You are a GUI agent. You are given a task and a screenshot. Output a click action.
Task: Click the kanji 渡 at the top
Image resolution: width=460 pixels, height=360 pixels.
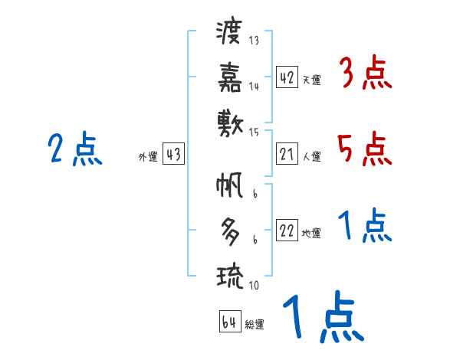[229, 33]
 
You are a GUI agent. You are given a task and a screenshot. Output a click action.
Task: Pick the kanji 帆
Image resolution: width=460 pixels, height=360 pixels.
[229, 185]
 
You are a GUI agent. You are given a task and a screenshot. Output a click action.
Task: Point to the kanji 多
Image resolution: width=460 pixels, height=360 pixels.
[229, 230]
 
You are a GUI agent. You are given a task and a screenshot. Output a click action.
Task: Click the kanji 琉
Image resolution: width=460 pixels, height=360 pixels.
[229, 273]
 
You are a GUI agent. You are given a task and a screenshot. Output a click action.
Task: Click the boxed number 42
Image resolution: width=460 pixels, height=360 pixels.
[287, 77]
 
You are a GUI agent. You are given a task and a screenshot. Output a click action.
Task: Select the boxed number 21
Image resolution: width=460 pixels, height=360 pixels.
[287, 155]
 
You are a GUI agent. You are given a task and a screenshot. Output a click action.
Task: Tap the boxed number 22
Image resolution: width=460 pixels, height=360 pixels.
[287, 231]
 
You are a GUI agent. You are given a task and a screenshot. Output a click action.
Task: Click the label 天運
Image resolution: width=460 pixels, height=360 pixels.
[311, 80]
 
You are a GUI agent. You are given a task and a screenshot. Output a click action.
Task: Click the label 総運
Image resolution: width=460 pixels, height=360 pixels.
[255, 325]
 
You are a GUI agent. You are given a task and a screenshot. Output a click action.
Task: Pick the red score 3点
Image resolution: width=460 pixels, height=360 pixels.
[365, 75]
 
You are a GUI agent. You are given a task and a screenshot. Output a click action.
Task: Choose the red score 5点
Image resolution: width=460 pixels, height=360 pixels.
[365, 149]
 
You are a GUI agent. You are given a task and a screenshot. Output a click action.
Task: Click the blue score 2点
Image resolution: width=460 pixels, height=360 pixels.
[75, 149]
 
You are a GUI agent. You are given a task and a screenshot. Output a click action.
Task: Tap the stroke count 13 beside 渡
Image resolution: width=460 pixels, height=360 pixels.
[255, 41]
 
